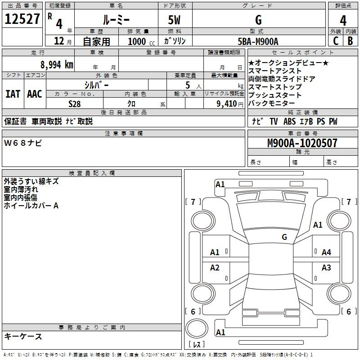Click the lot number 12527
[22, 19]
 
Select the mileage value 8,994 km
[57, 65]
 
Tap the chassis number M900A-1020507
[302, 143]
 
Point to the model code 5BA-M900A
[258, 41]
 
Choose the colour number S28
[75, 104]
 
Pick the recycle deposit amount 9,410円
[230, 104]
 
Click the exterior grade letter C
[336, 41]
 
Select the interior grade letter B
[350, 41]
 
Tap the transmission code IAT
[13, 94]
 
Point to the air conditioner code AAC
[35, 94]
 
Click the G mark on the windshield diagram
[284, 237]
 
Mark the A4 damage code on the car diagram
[326, 252]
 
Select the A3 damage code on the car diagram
[326, 267]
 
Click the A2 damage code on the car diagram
[215, 267]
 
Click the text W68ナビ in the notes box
[23, 143]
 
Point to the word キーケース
[23, 337]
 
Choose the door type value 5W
[175, 20]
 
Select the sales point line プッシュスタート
[275, 95]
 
